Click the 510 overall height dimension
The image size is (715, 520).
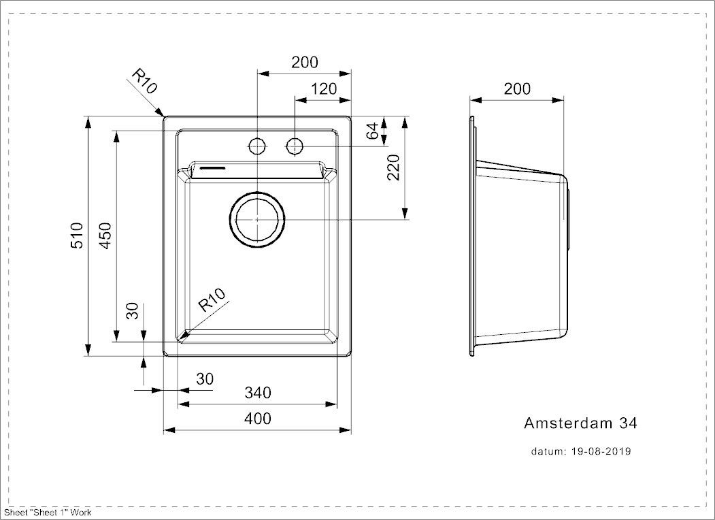point(77,235)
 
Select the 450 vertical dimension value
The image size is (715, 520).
point(104,235)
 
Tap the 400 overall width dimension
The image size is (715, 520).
point(258,418)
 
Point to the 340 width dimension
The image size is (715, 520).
point(258,393)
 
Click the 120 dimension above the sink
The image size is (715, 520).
point(324,88)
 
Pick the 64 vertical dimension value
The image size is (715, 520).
point(372,131)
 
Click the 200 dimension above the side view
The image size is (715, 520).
point(517,88)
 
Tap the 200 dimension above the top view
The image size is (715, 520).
point(304,62)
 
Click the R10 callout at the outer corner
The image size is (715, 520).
point(144,82)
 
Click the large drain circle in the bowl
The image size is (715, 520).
point(258,219)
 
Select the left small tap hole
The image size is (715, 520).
point(257,146)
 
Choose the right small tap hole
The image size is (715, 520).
point(295,146)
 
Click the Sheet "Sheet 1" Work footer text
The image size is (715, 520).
point(48,513)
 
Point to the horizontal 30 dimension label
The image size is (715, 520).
point(205,378)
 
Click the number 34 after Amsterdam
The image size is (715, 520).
point(627,423)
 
